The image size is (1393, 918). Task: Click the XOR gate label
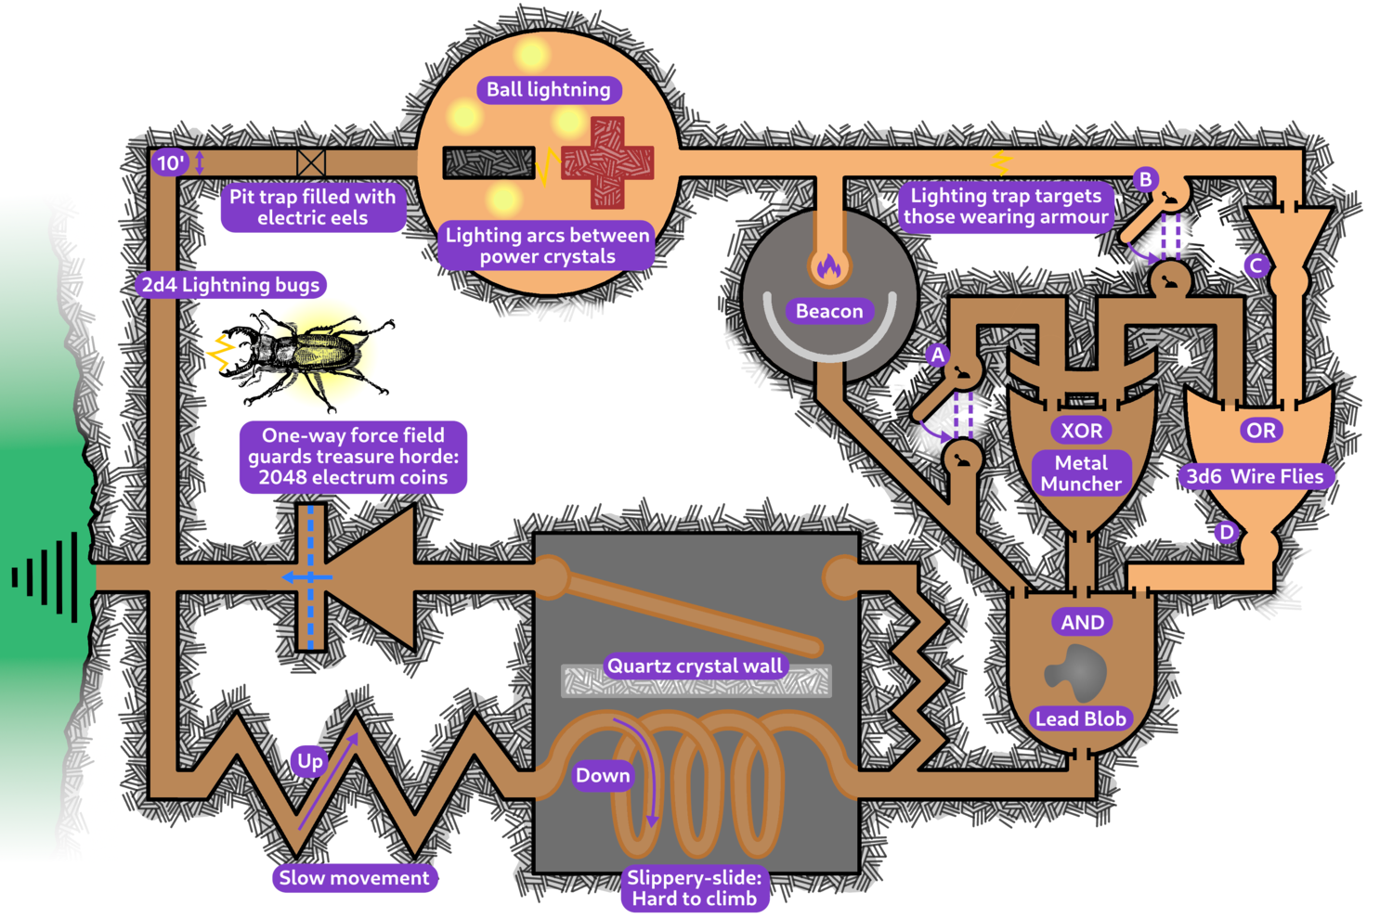pyautogui.click(x=1082, y=431)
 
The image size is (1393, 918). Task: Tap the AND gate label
pyautogui.click(x=1083, y=622)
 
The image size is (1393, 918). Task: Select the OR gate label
pyautogui.click(x=1260, y=431)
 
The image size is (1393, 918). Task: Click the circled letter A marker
pyautogui.click(x=938, y=355)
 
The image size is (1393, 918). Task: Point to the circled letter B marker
pyautogui.click(x=1146, y=179)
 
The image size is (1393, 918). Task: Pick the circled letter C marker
pyautogui.click(x=1256, y=266)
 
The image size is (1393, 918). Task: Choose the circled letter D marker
pyautogui.click(x=1227, y=532)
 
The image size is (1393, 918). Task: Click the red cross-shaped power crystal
pyautogui.click(x=607, y=162)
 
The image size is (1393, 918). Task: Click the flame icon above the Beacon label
pyautogui.click(x=828, y=267)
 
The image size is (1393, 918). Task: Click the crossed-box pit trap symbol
pyautogui.click(x=311, y=163)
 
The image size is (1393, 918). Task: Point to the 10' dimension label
pyautogui.click(x=170, y=163)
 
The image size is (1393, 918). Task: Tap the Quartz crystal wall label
pyautogui.click(x=695, y=666)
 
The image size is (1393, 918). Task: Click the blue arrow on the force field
pyautogui.click(x=306, y=577)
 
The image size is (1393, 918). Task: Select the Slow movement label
pyautogui.click(x=355, y=878)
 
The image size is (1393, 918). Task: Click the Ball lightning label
pyautogui.click(x=549, y=90)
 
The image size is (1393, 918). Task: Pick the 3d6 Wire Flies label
pyautogui.click(x=1255, y=477)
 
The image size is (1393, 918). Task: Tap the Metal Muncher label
pyautogui.click(x=1081, y=473)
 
